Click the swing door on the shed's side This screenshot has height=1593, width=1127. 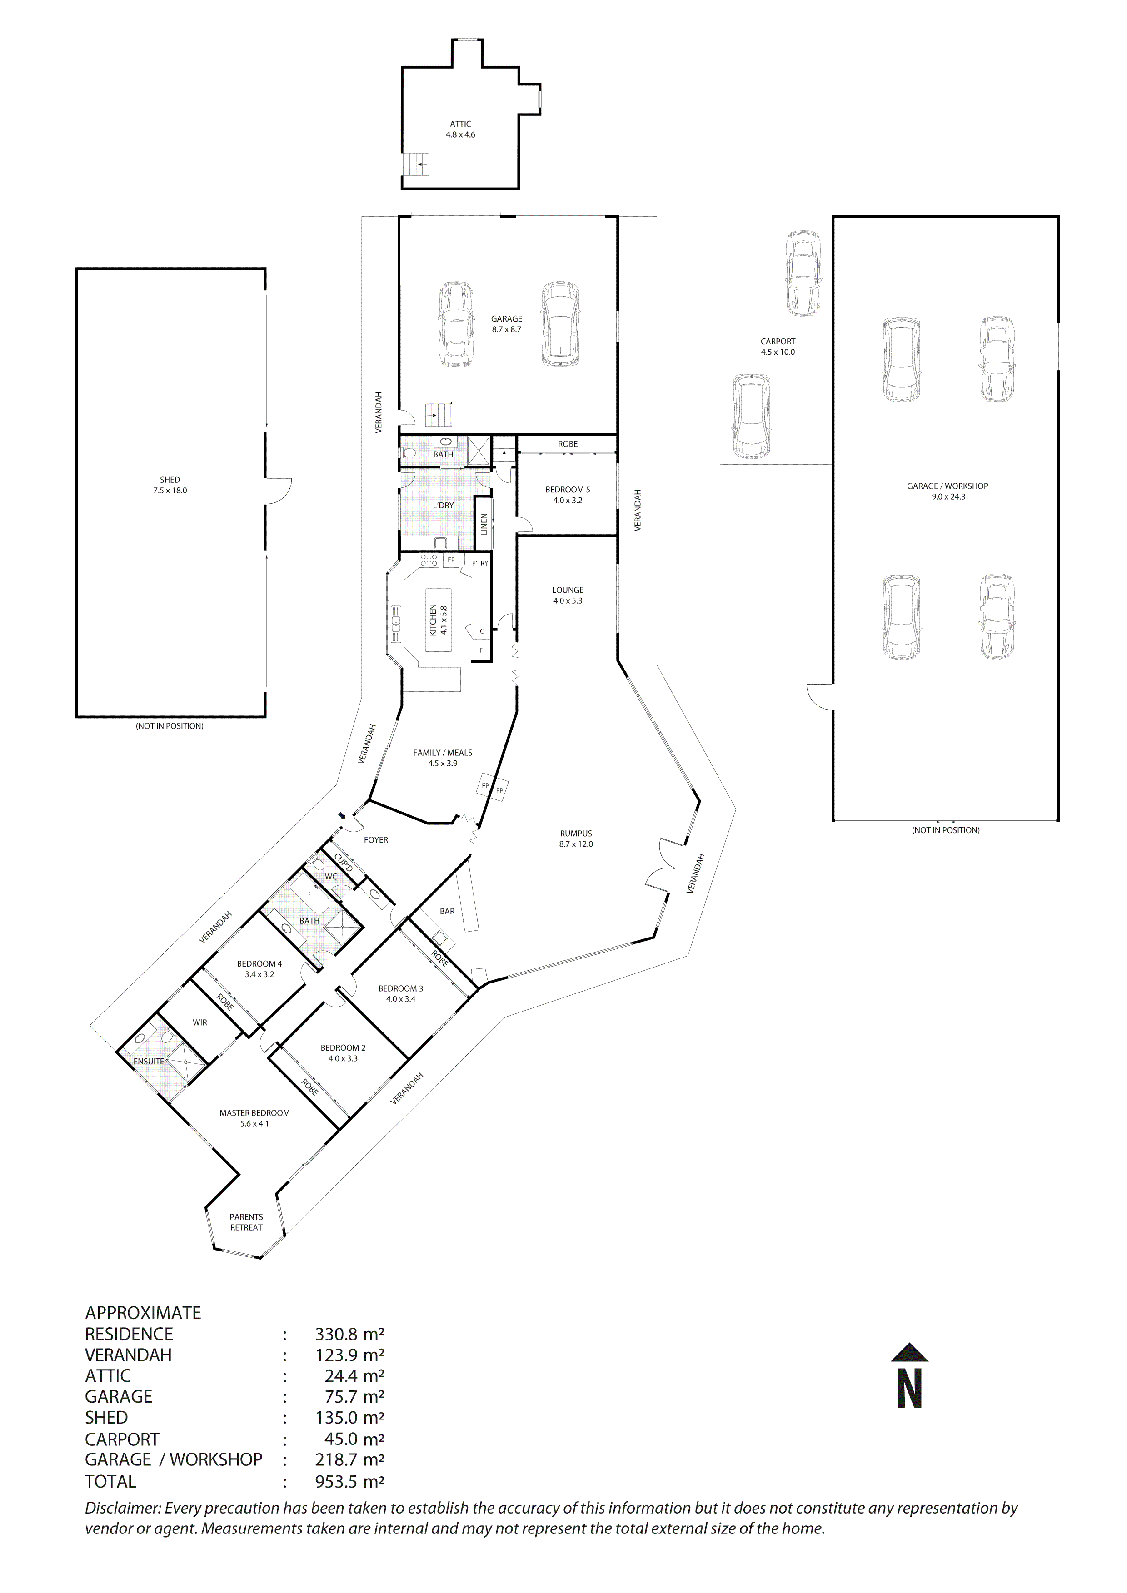pyautogui.click(x=278, y=491)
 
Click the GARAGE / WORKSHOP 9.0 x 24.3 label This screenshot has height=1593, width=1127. pyautogui.click(x=947, y=491)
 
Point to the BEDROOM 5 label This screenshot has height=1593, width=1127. pyautogui.click(x=568, y=495)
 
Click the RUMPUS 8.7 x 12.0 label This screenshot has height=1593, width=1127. pyautogui.click(x=576, y=839)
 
